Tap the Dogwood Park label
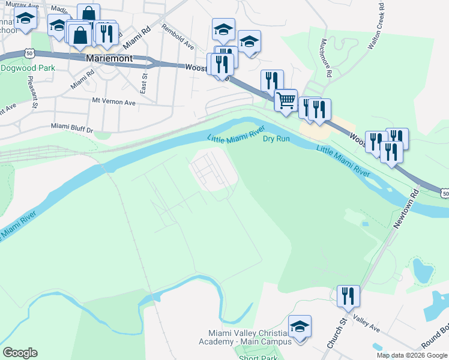click(x=28, y=68)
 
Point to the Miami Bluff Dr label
click(x=73, y=128)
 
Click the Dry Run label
click(x=276, y=139)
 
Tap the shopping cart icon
click(x=286, y=100)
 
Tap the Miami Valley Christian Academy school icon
click(x=300, y=327)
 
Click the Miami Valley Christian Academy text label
click(x=249, y=337)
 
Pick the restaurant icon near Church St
click(x=348, y=296)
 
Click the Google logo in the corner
click(x=20, y=353)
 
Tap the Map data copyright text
click(x=411, y=355)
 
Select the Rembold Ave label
click(x=178, y=37)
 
